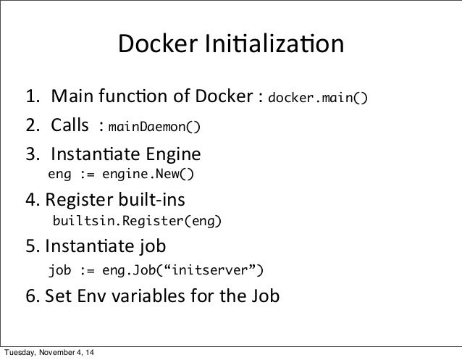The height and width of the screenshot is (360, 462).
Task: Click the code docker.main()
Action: [x=318, y=98]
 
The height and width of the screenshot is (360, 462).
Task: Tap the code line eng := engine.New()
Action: [x=121, y=175]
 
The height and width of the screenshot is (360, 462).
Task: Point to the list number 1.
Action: [x=33, y=96]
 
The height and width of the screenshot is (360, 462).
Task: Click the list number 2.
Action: [x=33, y=127]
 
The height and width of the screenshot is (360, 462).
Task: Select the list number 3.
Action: [x=33, y=155]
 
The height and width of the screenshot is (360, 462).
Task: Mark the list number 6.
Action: [x=33, y=297]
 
